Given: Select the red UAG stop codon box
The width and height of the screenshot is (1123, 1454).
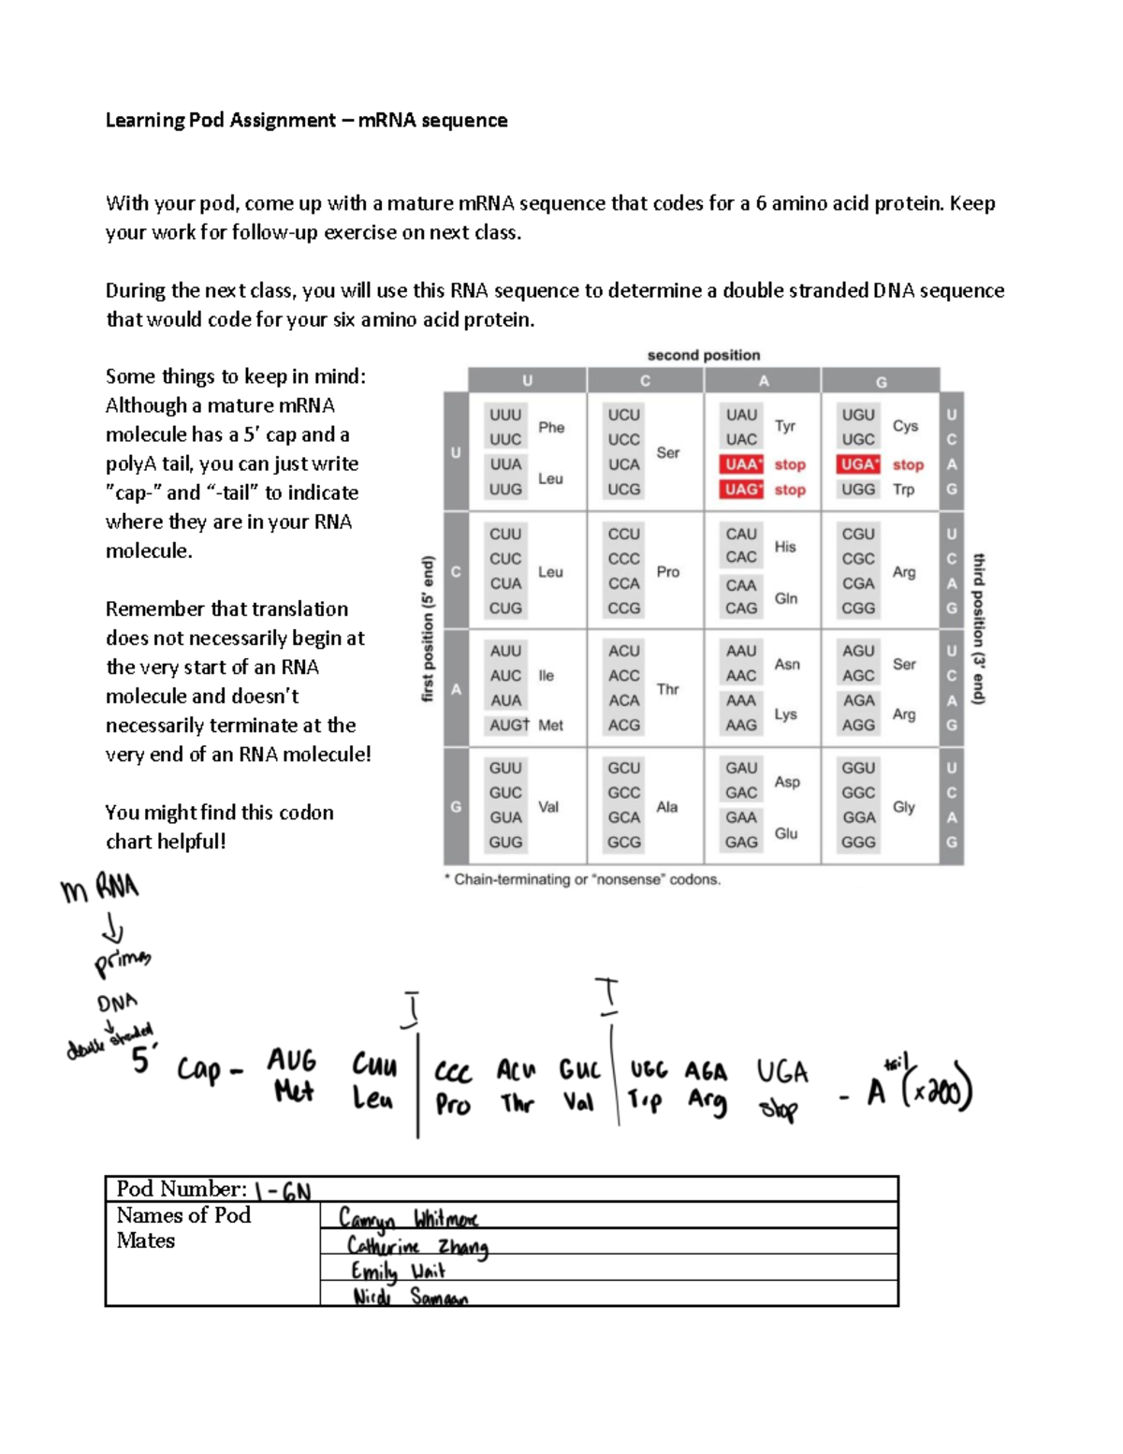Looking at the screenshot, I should point(741,489).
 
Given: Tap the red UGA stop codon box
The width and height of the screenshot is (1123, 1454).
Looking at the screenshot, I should point(858,464).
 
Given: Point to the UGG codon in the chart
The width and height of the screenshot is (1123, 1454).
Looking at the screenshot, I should point(858,489).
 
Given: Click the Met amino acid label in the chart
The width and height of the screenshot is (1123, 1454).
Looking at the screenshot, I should point(550,726).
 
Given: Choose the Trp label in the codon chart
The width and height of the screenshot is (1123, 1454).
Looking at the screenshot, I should point(903,489).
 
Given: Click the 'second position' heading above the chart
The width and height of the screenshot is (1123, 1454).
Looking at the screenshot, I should point(704,355).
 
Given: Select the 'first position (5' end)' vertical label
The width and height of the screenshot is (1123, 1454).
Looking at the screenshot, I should point(429,628).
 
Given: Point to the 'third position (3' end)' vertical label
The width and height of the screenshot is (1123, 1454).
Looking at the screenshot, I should point(979,628).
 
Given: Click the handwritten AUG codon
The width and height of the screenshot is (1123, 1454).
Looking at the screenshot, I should point(292,1061).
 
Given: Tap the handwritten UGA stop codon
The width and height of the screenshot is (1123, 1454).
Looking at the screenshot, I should point(781,1072).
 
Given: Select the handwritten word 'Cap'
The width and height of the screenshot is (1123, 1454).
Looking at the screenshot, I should point(199,1069).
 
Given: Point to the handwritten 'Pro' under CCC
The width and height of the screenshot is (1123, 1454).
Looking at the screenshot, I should point(453,1105).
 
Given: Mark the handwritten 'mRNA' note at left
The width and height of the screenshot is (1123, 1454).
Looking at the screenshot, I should point(99,888).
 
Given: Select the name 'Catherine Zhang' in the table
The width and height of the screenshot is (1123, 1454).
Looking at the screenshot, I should point(417,1246).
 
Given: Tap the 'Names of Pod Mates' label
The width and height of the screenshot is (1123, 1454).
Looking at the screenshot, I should point(183,1227).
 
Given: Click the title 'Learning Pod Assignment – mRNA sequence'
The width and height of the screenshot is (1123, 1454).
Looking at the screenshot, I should point(306,120).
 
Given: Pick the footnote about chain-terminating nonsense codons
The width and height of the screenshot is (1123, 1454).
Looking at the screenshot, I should point(582,879).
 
